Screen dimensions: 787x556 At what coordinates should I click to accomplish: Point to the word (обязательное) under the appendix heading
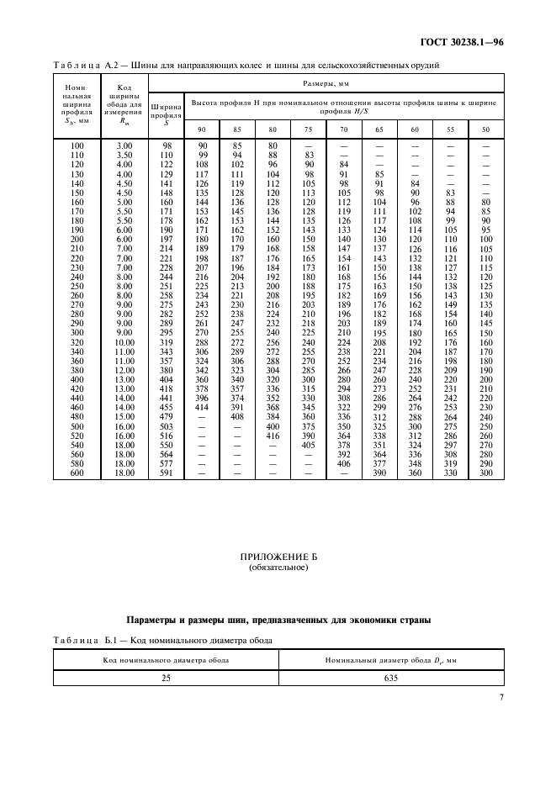click(278, 568)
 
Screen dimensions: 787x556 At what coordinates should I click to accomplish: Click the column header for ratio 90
click(202, 129)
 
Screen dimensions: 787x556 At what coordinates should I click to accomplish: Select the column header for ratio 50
click(485, 129)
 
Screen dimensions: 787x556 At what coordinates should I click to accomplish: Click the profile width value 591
click(166, 473)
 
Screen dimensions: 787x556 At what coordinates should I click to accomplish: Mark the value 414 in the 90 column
click(202, 407)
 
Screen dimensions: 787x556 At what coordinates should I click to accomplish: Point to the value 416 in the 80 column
click(273, 436)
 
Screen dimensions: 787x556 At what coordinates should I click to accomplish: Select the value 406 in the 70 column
click(343, 463)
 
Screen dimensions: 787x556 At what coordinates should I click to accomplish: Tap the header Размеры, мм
click(326, 84)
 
